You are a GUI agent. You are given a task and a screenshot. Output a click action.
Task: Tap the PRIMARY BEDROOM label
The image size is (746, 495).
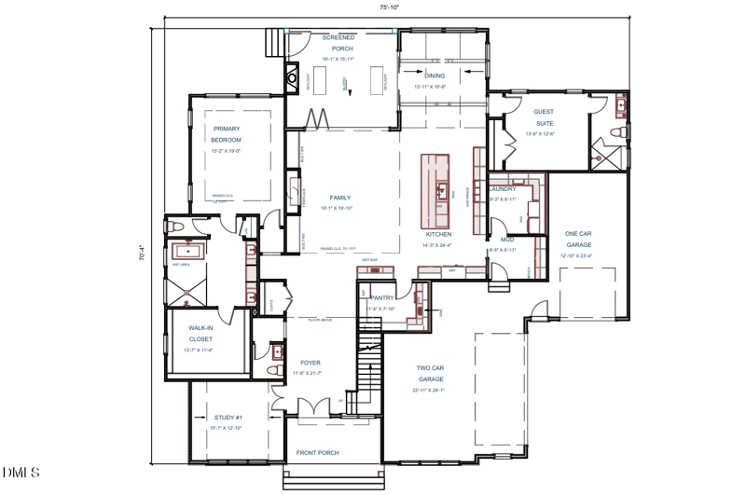point(227,134)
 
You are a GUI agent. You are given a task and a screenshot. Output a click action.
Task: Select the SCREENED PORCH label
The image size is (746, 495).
point(338,43)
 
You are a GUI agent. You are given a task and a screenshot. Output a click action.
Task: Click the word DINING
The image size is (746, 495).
point(435,75)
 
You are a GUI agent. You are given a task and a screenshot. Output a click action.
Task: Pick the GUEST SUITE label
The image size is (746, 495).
point(543,117)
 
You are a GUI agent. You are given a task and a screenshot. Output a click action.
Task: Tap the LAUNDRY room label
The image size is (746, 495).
point(503,189)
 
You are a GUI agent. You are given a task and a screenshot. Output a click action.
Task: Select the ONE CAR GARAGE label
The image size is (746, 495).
point(578,239)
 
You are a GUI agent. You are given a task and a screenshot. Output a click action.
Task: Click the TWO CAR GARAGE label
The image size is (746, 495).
point(430,373)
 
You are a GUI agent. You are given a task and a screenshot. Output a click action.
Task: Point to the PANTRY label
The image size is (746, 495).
point(383,298)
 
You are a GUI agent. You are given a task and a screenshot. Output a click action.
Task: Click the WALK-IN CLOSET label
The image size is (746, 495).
point(198,334)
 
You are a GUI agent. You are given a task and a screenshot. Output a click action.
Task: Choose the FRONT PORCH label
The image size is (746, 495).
point(318,453)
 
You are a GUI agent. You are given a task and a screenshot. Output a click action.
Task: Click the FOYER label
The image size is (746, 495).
point(310,363)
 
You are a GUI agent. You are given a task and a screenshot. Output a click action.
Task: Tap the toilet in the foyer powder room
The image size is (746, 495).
point(273,370)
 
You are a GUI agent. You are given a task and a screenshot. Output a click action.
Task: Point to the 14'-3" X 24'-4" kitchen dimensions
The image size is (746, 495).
point(437,245)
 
